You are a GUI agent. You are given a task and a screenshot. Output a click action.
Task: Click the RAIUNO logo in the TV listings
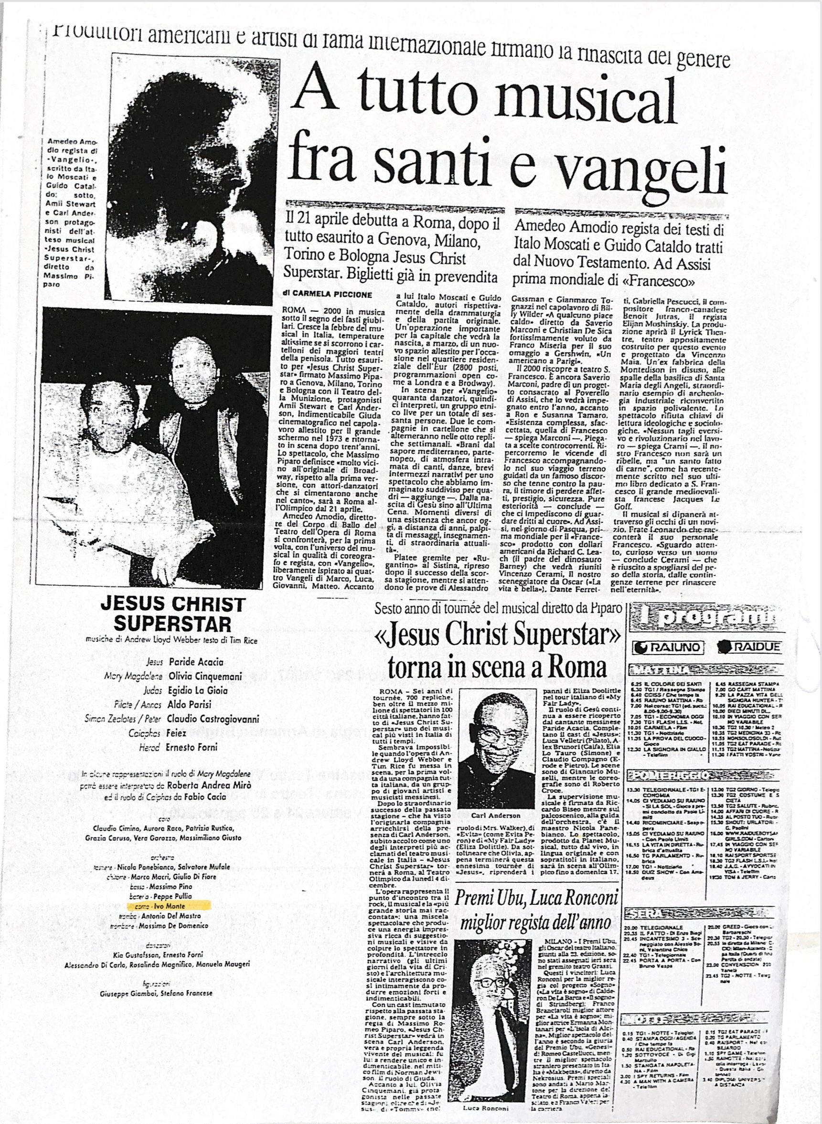(x=668, y=647)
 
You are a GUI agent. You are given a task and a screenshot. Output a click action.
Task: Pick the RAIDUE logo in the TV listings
(x=749, y=647)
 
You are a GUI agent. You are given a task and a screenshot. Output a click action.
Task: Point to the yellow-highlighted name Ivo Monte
(x=170, y=906)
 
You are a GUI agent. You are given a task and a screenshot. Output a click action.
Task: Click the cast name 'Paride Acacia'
(x=196, y=662)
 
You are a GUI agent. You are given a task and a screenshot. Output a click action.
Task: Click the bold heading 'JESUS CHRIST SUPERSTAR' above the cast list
(x=172, y=614)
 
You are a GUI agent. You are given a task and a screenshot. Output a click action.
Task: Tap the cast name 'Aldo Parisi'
(x=190, y=704)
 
